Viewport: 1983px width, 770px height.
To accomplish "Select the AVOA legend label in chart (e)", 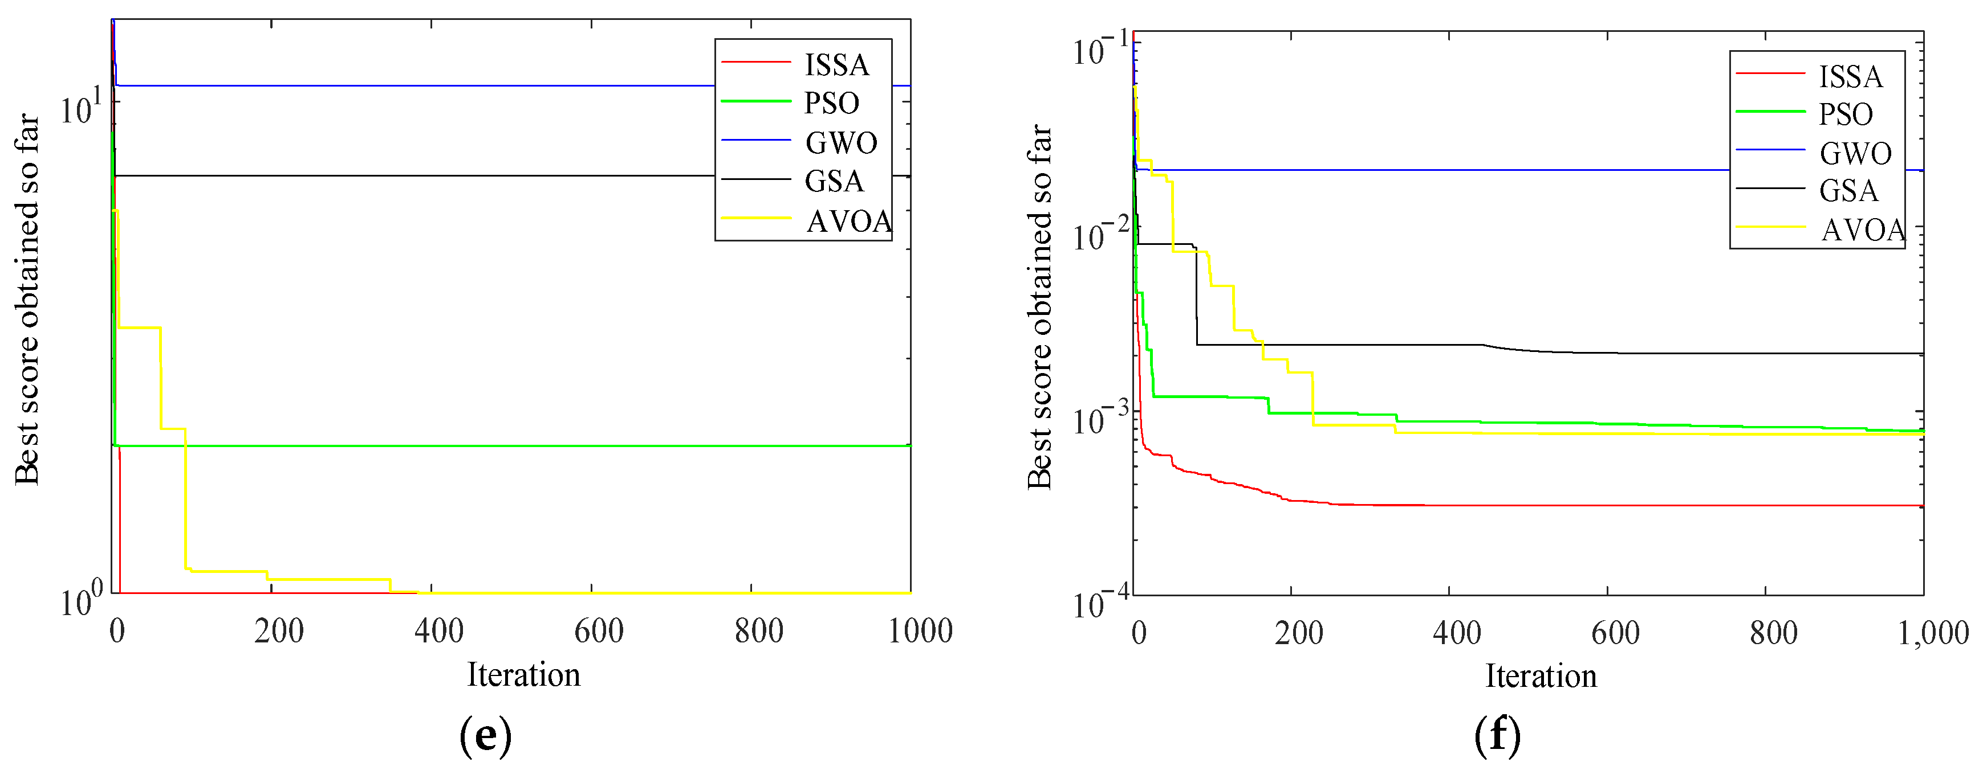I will tap(848, 222).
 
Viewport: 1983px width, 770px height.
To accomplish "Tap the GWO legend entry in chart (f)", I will tap(1855, 153).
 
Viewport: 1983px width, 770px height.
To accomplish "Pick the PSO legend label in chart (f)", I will tap(1845, 114).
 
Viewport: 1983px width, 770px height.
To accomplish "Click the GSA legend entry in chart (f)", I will tap(1848, 191).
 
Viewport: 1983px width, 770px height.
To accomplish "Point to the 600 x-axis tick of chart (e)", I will tap(598, 632).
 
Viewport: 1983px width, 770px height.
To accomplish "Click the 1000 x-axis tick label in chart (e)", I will tap(920, 632).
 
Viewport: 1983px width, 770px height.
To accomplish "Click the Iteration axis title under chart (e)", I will tap(523, 675).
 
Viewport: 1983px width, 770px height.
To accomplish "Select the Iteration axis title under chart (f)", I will tap(1541, 676).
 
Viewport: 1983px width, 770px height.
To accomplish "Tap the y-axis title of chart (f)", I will tap(1039, 308).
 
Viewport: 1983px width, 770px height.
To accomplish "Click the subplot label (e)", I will tap(485, 736).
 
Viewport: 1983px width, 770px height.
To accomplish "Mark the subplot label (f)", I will tap(1497, 736).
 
